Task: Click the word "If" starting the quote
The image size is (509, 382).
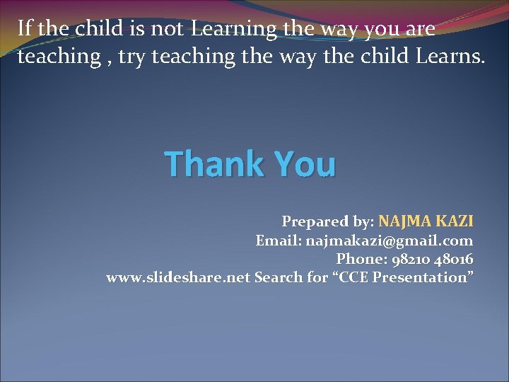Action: click(x=24, y=28)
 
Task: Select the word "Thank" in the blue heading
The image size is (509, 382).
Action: click(x=213, y=163)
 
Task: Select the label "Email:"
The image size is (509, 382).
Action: click(x=278, y=241)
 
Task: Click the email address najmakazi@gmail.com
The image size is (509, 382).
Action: click(x=390, y=241)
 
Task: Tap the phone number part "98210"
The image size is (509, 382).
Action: click(x=407, y=259)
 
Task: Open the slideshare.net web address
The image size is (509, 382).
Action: click(x=178, y=277)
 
